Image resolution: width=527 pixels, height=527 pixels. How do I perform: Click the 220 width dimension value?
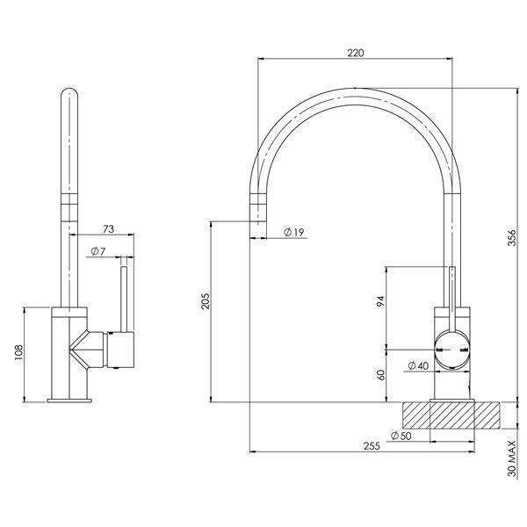click(355, 53)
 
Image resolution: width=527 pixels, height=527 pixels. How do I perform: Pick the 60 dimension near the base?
click(379, 374)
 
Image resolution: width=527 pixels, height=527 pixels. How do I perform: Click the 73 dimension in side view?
click(108, 229)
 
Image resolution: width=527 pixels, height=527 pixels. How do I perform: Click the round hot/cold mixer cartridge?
click(452, 350)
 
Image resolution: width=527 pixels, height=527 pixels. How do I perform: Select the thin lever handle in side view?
click(124, 300)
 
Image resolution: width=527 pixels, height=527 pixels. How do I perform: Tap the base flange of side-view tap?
click(69, 400)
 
